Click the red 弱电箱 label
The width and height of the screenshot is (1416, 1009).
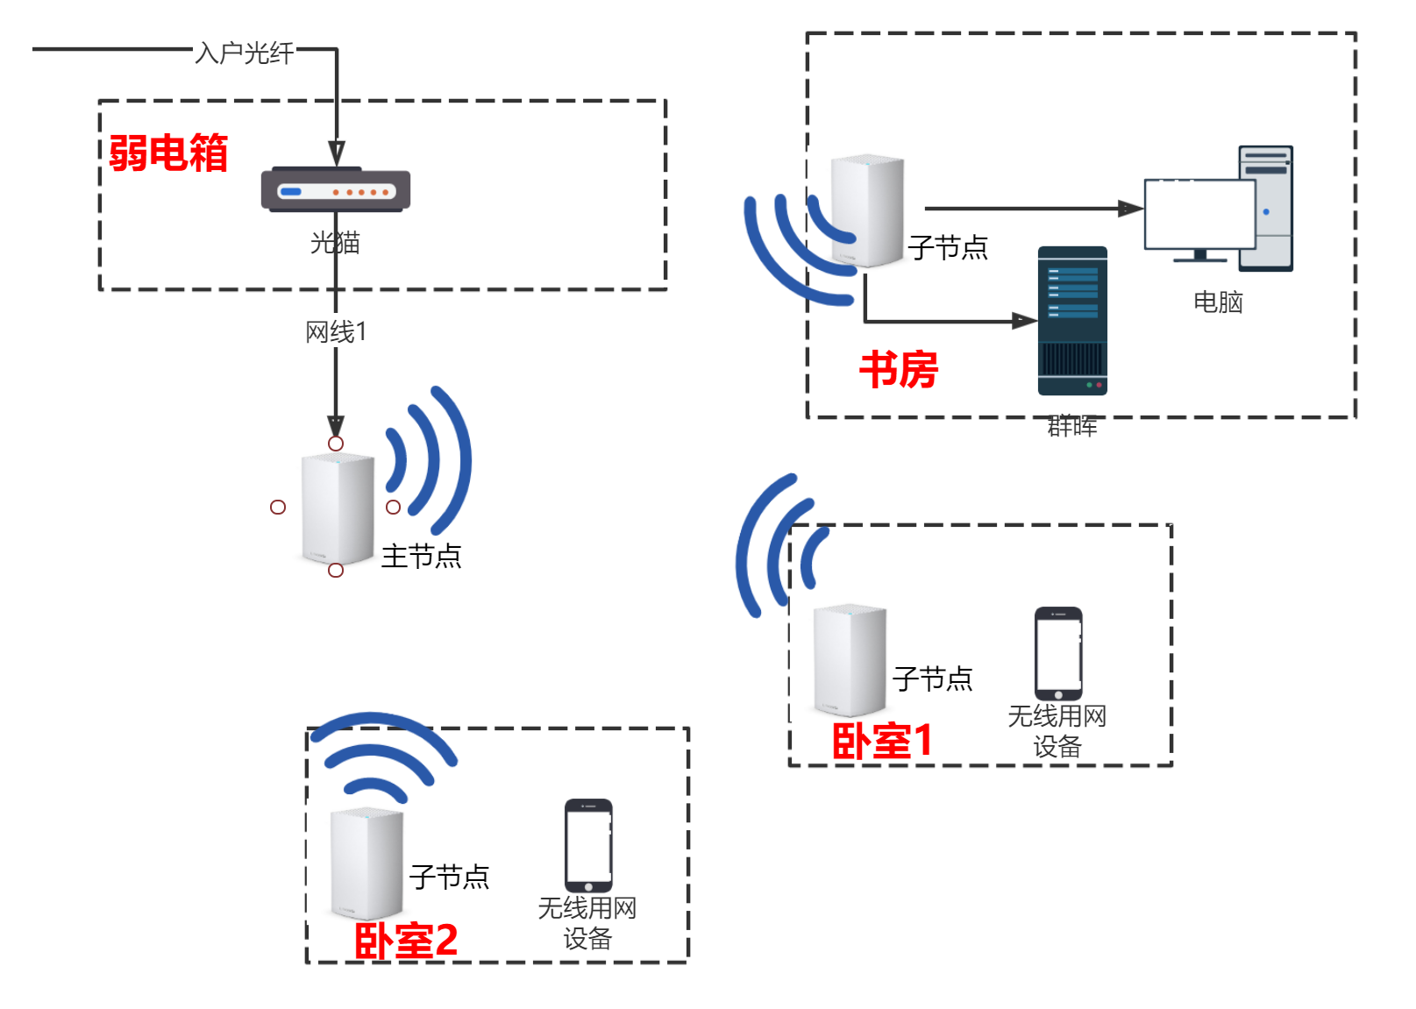(168, 153)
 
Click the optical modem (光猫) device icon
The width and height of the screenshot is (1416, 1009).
(335, 189)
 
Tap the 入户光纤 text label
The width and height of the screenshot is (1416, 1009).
(245, 53)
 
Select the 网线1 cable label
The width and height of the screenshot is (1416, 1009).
(336, 332)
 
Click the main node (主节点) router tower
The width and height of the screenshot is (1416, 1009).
(338, 508)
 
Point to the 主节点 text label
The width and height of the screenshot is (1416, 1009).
(421, 557)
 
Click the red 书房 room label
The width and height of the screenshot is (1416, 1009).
(898, 369)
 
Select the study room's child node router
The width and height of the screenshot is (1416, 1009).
(867, 210)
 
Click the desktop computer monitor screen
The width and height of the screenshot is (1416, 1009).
(1199, 214)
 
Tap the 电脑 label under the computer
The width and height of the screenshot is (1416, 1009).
(1218, 302)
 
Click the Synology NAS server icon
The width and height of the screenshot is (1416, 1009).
(1072, 321)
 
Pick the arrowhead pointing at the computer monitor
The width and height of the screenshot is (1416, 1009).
(1131, 209)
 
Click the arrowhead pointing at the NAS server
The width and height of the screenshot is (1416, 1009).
(1025, 321)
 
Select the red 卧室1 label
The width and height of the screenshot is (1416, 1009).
(881, 742)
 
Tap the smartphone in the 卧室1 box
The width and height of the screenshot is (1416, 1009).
(1058, 653)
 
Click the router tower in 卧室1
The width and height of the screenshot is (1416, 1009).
(849, 659)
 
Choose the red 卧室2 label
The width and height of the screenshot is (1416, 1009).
(405, 941)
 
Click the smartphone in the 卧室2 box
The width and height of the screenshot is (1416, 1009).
(588, 845)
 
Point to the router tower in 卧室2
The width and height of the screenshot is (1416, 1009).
(366, 863)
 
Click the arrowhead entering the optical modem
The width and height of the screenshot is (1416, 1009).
(336, 154)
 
